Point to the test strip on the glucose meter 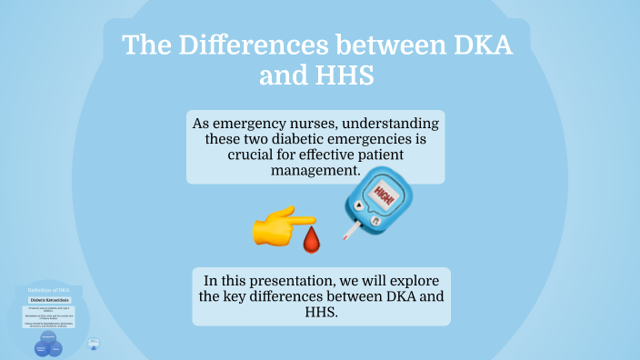350,232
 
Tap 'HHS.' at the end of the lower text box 320,312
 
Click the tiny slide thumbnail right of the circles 95,345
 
